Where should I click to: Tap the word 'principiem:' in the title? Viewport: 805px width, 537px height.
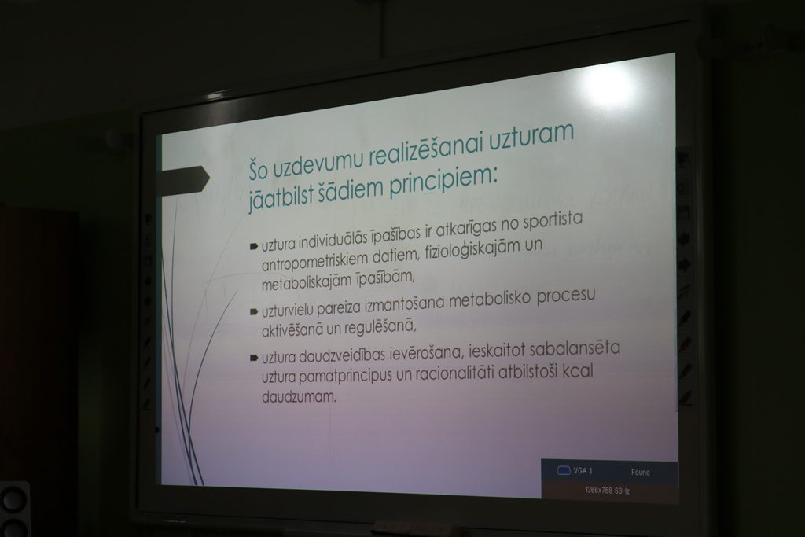click(443, 181)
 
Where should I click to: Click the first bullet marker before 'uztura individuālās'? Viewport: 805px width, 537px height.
click(254, 246)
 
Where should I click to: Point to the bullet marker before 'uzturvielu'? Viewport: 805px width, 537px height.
click(254, 311)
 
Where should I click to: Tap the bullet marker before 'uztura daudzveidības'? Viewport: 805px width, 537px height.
click(254, 358)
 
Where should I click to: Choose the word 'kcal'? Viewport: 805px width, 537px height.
click(578, 371)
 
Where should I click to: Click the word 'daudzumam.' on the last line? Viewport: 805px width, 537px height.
click(299, 397)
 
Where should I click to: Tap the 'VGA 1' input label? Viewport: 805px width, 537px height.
click(583, 470)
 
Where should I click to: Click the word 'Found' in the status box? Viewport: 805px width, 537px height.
click(640, 472)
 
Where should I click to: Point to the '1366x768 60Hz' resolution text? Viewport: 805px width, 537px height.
click(607, 491)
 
